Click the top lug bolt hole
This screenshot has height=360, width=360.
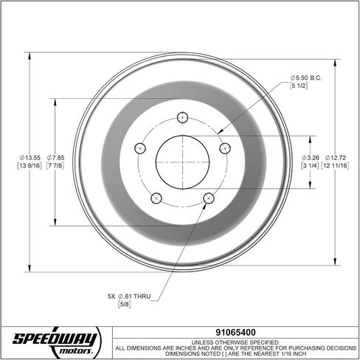point(182,117)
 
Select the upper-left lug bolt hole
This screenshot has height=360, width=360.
point(140,148)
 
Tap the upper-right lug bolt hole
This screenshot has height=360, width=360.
point(225,148)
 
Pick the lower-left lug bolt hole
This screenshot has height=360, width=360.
point(156,198)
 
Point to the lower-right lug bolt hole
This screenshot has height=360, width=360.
point(209,198)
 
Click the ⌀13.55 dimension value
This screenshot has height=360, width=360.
point(30,158)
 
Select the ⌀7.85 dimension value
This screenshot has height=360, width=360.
point(55,158)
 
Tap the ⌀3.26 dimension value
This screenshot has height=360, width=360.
point(311,158)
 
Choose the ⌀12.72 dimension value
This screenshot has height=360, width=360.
point(335,158)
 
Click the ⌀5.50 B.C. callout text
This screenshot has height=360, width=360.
point(305,78)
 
